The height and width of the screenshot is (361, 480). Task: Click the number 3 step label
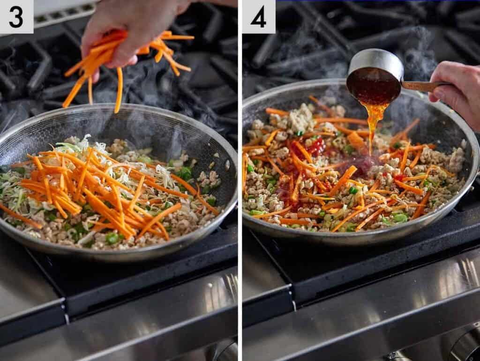[x=16, y=17]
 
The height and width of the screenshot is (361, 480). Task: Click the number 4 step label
[x=258, y=17]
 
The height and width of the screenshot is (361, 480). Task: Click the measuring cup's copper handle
[x=422, y=86]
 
